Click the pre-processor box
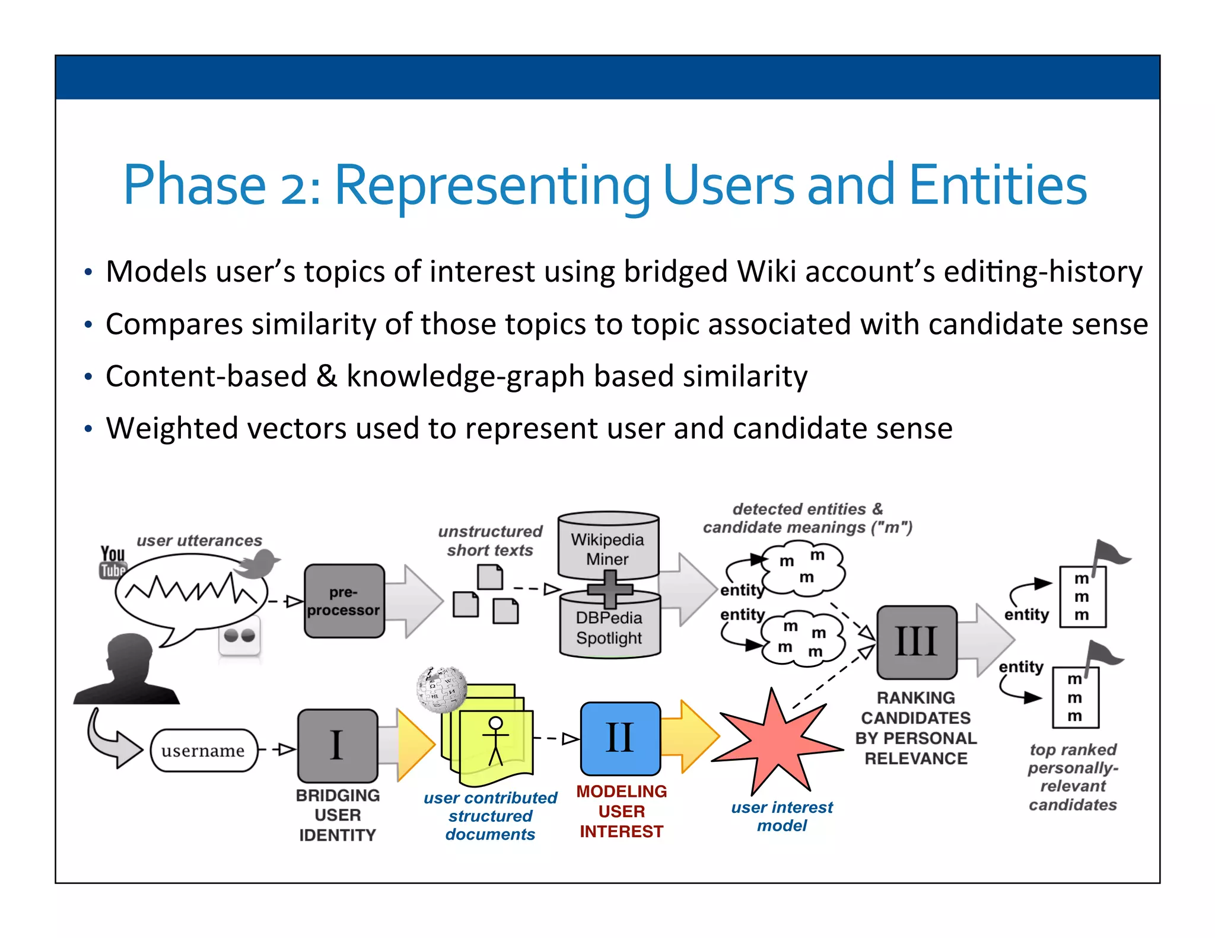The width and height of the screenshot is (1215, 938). pos(343,601)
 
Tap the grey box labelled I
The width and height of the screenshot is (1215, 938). pos(337,745)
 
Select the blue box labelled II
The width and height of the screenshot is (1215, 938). pos(620,738)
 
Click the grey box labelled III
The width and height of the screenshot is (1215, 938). pos(916,642)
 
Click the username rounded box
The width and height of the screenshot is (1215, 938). pos(203,751)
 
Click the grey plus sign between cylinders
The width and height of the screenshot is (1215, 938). pos(610,589)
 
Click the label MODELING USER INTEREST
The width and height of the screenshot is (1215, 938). pos(621,811)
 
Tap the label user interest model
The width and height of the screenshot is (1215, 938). pos(781,816)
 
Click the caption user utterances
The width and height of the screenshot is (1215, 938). pos(199,541)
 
